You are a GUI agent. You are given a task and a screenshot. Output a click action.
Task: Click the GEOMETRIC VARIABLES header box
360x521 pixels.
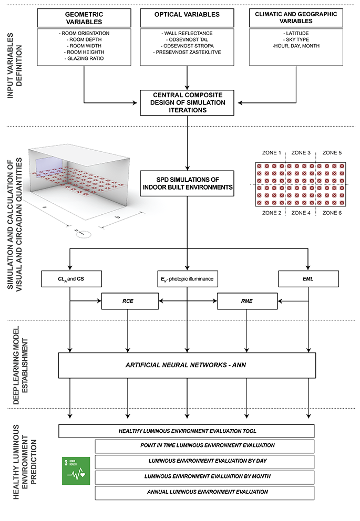[x=84, y=18]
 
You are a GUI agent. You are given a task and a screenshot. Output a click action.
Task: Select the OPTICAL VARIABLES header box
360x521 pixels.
[x=187, y=18]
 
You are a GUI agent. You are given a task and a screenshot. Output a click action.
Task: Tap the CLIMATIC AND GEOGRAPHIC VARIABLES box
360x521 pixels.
[x=296, y=18]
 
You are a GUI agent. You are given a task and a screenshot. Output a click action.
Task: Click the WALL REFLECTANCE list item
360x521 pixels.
[x=187, y=33]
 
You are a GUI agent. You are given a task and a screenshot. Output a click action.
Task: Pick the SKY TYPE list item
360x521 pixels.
[x=296, y=39]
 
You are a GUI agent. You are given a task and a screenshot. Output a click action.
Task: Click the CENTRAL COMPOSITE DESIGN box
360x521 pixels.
[x=187, y=102]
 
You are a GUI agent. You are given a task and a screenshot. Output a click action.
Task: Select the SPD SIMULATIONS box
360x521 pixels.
[x=187, y=183]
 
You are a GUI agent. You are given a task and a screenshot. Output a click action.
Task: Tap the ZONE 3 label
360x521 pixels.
[x=301, y=153]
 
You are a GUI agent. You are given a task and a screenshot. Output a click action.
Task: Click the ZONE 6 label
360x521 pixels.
[x=332, y=213]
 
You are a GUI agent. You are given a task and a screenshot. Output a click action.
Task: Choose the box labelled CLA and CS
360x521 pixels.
[x=71, y=279]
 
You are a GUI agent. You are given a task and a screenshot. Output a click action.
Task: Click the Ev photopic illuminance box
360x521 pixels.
[x=188, y=279]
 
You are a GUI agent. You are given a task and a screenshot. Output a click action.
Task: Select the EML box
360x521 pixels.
[x=308, y=279]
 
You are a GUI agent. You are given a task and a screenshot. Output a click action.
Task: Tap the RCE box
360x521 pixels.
[x=130, y=301]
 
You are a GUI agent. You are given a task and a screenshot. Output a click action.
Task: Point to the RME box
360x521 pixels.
[x=248, y=301]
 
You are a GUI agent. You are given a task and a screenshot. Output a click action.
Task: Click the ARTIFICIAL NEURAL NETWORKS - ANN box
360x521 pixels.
[x=187, y=365]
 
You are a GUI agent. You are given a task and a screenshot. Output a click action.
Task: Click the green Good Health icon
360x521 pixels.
[x=76, y=471]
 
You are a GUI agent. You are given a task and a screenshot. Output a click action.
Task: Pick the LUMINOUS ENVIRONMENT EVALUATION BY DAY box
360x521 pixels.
[x=205, y=462]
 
